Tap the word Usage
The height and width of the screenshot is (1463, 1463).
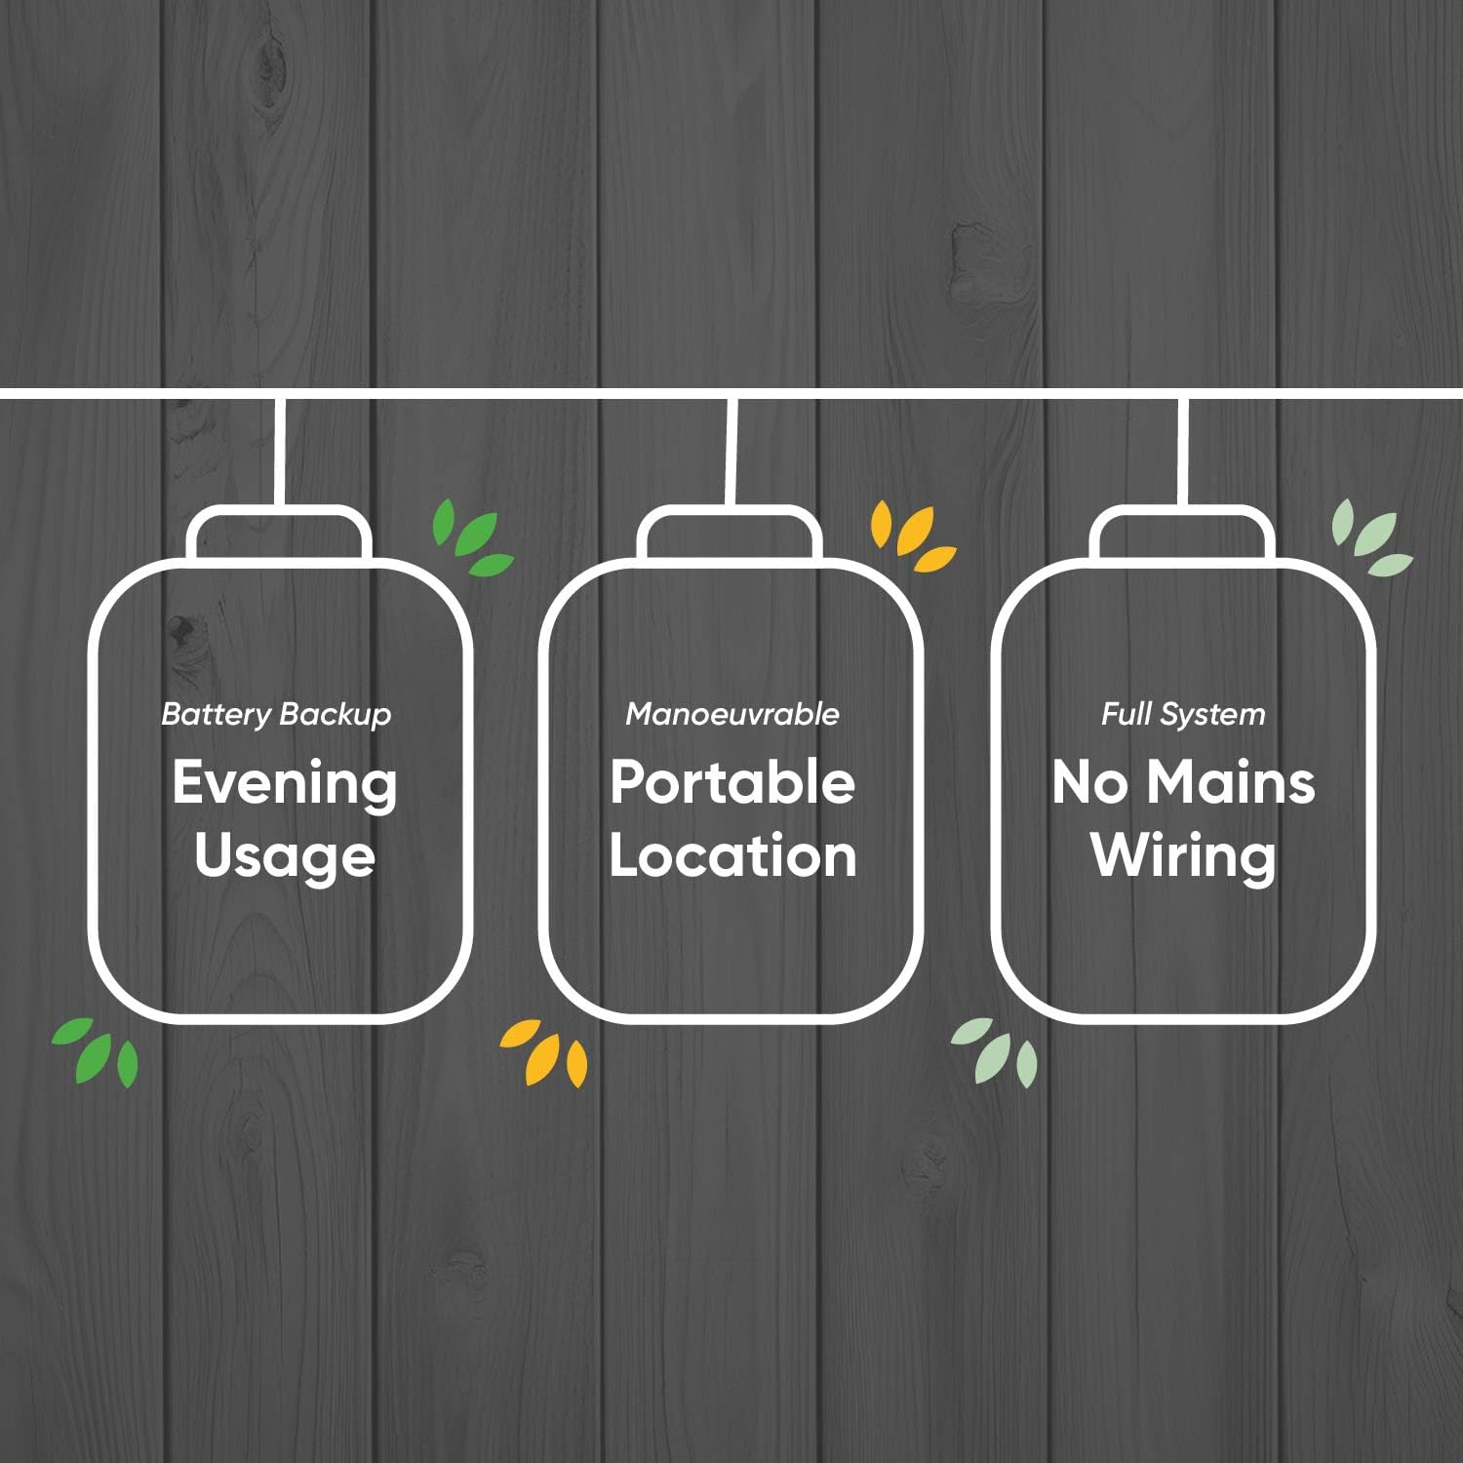click(x=285, y=857)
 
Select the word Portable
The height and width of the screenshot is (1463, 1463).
click(x=732, y=782)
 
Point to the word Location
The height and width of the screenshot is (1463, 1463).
click(x=732, y=855)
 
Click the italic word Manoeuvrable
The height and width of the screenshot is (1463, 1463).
click(x=732, y=714)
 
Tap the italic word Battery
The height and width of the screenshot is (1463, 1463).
click(x=217, y=715)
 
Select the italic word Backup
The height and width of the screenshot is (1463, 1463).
click(x=335, y=715)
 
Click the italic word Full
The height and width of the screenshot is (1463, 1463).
click(x=1127, y=714)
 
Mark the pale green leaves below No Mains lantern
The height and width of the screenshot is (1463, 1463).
click(x=995, y=1051)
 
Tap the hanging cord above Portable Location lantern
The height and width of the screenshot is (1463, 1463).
click(x=731, y=451)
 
